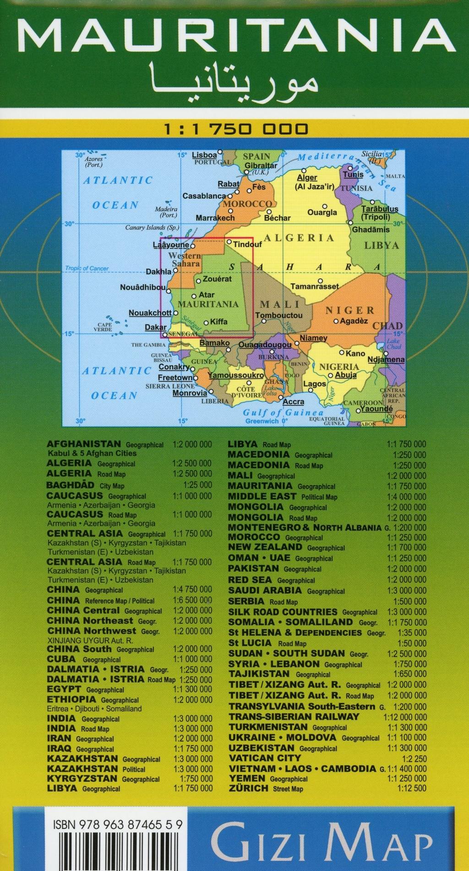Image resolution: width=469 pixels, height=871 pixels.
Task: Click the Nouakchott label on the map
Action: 150,313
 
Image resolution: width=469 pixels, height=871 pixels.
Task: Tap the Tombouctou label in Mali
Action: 279,315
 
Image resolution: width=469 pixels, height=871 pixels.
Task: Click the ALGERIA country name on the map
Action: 298,238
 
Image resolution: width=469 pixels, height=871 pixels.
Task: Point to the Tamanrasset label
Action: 315,287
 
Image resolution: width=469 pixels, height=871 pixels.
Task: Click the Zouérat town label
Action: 217,279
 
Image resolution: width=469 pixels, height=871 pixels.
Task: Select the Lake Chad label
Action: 393,344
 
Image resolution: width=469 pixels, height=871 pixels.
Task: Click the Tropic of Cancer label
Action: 87,269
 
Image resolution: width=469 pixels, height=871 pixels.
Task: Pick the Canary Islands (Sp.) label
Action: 152,227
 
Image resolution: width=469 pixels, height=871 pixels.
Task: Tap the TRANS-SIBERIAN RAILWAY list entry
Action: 294,717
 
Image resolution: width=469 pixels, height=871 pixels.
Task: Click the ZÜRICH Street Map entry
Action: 266,788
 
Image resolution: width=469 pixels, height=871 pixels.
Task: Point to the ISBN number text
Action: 118,825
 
